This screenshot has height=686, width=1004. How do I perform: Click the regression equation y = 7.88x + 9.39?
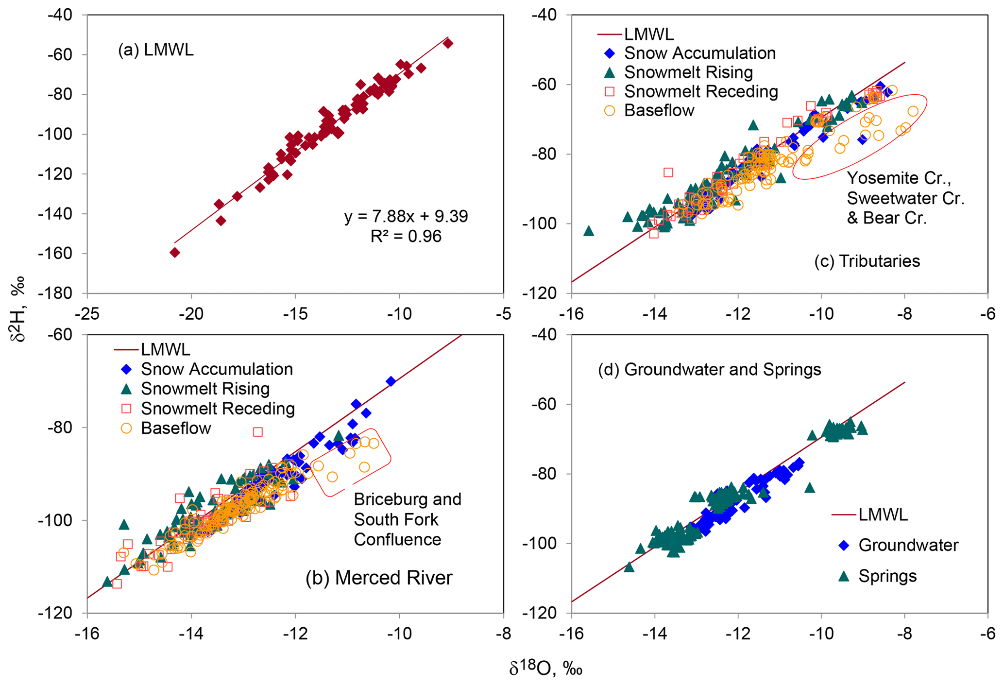(x=406, y=216)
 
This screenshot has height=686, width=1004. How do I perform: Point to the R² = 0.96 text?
(x=406, y=237)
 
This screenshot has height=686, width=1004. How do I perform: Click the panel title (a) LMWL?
(x=155, y=50)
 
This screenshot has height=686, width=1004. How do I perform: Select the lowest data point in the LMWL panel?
(x=175, y=253)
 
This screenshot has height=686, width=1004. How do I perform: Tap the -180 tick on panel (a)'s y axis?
(x=59, y=293)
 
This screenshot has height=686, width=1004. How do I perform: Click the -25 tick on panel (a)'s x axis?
(x=87, y=314)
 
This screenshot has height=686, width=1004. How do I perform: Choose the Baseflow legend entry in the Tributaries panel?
(x=659, y=110)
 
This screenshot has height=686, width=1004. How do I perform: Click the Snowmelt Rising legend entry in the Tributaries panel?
(x=688, y=72)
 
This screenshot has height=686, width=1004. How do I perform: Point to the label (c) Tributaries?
(x=867, y=261)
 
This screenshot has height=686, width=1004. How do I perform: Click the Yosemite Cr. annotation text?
(x=899, y=178)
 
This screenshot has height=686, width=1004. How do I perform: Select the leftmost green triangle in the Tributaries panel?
(x=589, y=231)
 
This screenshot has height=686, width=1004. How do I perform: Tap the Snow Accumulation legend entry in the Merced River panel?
(x=217, y=369)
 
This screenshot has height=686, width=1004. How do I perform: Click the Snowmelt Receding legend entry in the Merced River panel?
(x=218, y=409)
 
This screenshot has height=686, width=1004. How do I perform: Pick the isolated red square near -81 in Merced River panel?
(x=258, y=432)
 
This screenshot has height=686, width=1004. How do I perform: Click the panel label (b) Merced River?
(x=379, y=578)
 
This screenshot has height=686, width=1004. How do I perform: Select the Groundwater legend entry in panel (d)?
(x=908, y=545)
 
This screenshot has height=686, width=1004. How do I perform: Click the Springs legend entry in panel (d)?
(x=887, y=576)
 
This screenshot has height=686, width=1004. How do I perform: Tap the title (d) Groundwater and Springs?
(x=709, y=369)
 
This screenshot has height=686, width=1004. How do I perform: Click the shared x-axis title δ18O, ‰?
(x=545, y=669)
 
